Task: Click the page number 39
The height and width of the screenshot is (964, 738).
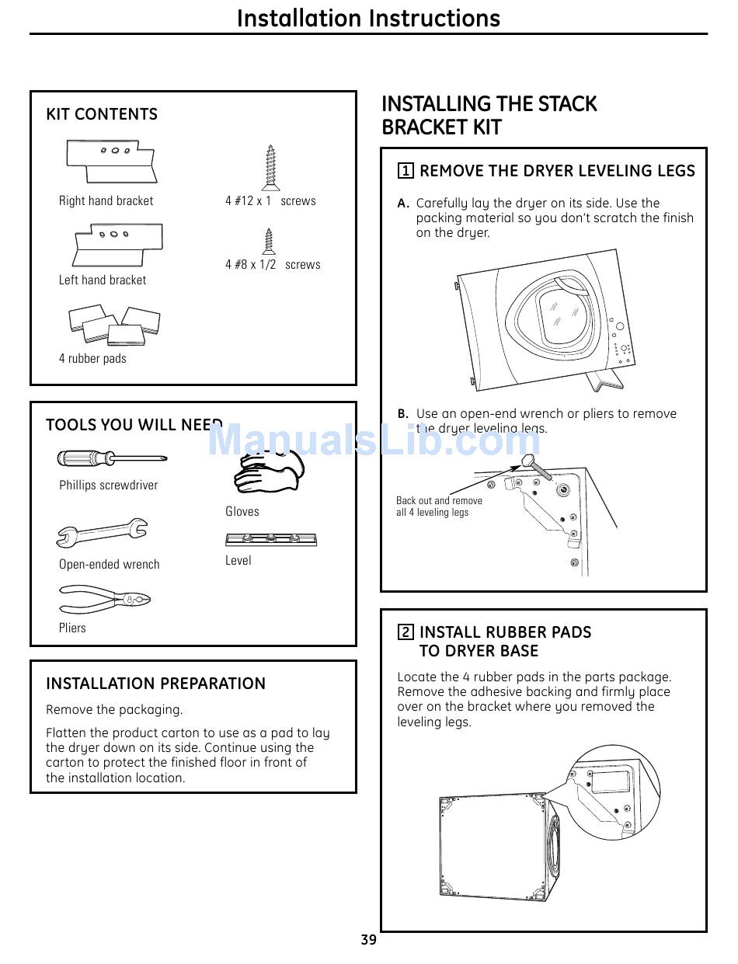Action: [368, 940]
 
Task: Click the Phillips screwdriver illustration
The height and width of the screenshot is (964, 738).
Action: [111, 458]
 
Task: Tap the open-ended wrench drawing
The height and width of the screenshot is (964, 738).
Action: [102, 534]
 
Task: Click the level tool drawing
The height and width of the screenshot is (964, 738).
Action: [270, 539]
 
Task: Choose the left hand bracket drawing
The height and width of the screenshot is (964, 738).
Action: [118, 244]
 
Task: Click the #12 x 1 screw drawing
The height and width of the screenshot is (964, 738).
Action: [271, 167]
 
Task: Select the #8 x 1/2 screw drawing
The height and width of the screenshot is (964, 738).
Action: [270, 240]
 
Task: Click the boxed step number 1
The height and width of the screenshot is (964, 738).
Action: [406, 171]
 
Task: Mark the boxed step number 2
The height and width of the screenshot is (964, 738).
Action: [406, 632]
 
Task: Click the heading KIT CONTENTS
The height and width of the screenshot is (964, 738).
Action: [102, 114]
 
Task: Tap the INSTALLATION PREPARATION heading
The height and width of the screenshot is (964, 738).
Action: [155, 684]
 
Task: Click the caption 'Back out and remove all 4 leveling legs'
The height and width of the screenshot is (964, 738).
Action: [439, 506]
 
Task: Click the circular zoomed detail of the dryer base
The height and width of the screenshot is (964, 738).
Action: [614, 792]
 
